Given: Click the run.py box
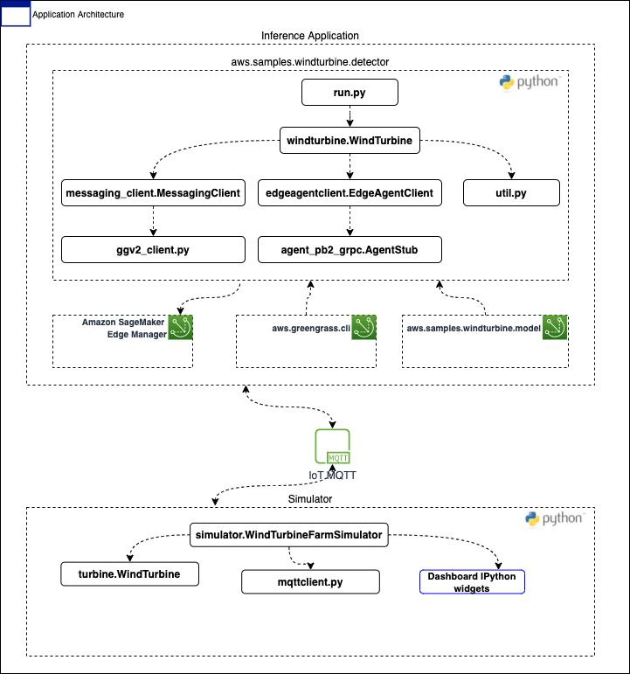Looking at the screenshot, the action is tap(350, 93).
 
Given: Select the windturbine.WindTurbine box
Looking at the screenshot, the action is tap(350, 140).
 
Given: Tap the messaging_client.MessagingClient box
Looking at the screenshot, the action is tap(153, 193).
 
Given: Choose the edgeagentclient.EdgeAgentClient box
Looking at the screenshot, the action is tap(350, 193).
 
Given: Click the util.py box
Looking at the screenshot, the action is tap(511, 193).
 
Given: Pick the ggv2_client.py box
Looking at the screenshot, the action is tap(153, 250).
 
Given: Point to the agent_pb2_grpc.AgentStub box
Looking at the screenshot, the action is tap(350, 250).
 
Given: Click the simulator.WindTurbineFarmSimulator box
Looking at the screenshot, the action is tap(288, 535).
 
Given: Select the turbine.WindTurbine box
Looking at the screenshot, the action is tap(130, 573).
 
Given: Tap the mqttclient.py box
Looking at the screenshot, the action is tap(310, 582).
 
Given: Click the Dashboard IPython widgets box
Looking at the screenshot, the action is tap(472, 582).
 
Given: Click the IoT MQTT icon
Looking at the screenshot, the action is tap(332, 446).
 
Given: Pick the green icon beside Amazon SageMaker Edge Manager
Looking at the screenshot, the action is tap(181, 328).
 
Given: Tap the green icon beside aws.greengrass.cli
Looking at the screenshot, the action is tap(364, 328).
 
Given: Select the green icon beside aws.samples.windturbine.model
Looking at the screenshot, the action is tap(555, 328).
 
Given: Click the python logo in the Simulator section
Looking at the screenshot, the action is tap(554, 518).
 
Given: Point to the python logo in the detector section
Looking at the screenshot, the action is tap(530, 82).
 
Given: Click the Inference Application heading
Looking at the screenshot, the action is tap(310, 36).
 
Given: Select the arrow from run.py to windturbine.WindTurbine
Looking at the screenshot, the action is tap(350, 116).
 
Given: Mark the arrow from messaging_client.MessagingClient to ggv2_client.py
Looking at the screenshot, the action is tap(154, 221).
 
